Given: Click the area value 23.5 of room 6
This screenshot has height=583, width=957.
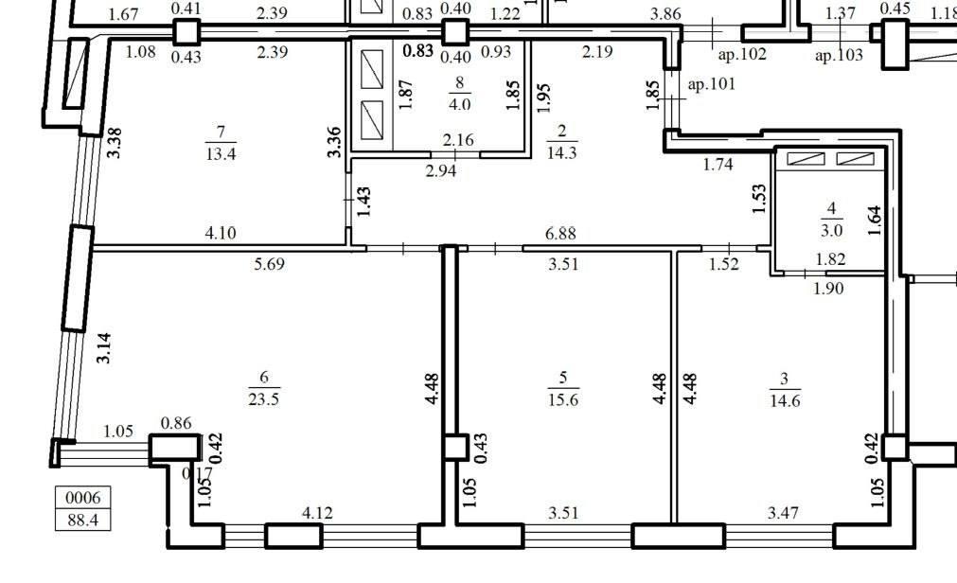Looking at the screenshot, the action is click(x=264, y=399).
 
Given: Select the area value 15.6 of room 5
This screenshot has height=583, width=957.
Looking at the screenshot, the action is click(x=562, y=399).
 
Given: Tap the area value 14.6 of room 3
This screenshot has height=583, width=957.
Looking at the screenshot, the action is click(x=785, y=401).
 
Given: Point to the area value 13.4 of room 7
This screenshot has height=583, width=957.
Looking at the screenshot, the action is click(x=221, y=154).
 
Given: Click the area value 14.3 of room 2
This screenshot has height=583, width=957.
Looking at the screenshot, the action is click(x=561, y=152).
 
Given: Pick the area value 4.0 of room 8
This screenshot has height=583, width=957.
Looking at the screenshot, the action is click(x=459, y=104).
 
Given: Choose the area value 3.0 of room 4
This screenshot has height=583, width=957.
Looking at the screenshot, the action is click(x=831, y=231).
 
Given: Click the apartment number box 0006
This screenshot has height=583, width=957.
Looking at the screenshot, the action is click(x=83, y=498).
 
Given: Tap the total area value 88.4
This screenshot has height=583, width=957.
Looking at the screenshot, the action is click(x=83, y=521).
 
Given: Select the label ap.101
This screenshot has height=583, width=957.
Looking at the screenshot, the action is click(x=712, y=84).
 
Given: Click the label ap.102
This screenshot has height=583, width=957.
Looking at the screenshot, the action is click(x=742, y=55).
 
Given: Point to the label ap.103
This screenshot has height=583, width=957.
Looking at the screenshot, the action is click(x=840, y=56).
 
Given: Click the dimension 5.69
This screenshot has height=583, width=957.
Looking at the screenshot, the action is click(x=269, y=264).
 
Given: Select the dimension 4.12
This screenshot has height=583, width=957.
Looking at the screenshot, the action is click(x=317, y=513).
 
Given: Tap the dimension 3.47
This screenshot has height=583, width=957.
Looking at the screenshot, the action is click(x=783, y=513).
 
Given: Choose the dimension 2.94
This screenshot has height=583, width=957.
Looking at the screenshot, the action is click(x=441, y=170).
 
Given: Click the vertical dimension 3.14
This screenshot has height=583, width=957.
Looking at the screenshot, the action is click(x=104, y=348).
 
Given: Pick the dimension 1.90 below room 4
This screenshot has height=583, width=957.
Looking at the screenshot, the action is click(x=828, y=288).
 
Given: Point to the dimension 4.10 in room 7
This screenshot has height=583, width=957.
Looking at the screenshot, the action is click(x=221, y=233).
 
